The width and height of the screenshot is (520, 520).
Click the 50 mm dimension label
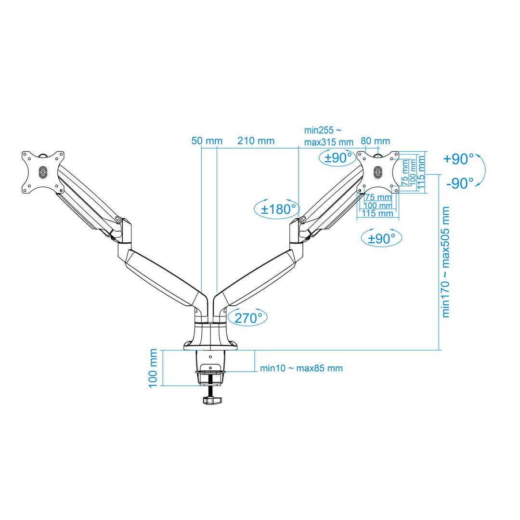[207, 141]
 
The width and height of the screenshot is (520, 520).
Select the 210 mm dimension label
[256, 141]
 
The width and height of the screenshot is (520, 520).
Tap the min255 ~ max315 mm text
[328, 136]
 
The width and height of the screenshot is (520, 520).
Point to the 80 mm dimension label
[375, 141]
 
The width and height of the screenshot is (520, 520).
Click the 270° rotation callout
[248, 317]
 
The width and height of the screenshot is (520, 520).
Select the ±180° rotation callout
[276, 209]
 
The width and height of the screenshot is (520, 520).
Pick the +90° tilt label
[458, 159]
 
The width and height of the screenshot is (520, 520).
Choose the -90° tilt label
[460, 183]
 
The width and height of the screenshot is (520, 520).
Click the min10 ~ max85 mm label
[301, 368]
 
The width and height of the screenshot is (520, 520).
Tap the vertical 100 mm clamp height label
[154, 368]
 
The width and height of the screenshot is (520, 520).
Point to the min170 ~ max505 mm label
[446, 262]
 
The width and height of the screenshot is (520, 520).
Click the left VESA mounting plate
[43, 172]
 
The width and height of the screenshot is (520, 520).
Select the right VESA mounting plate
[378, 172]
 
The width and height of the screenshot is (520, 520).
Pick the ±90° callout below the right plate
[381, 238]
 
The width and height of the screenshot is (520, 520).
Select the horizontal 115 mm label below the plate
[377, 213]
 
